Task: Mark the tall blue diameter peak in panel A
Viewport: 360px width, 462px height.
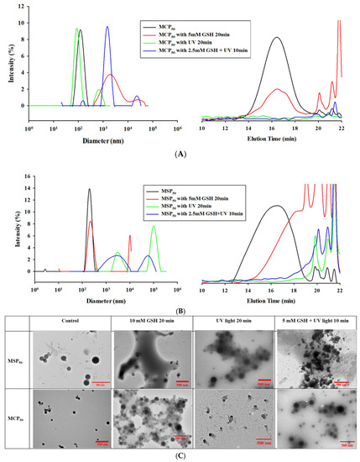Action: tap(107, 27)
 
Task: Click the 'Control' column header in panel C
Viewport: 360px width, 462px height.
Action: tap(70, 323)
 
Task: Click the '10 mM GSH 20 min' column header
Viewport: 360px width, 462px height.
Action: tap(150, 323)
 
